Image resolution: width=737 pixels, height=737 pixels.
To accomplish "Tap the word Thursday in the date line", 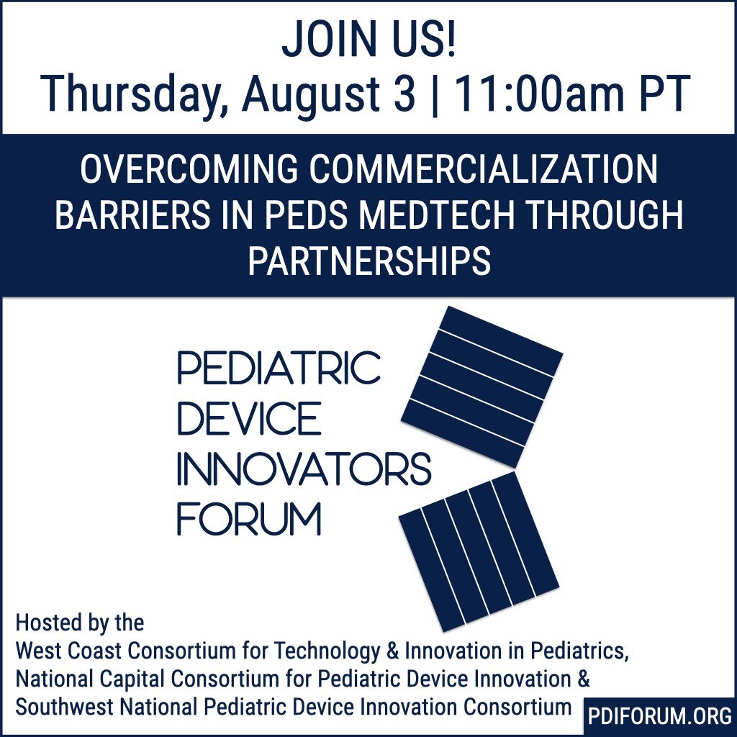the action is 135,94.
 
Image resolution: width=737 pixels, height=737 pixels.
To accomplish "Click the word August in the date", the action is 311,96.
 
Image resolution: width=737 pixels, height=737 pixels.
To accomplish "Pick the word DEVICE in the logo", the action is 249,417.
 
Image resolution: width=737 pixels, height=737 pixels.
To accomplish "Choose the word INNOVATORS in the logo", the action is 304,469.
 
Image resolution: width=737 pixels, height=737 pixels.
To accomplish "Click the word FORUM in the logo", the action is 248,519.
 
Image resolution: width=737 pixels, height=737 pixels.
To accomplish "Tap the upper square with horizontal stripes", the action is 481,386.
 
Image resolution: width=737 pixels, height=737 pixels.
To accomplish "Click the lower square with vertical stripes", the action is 479,552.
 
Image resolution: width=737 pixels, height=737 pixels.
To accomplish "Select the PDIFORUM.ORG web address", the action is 659,716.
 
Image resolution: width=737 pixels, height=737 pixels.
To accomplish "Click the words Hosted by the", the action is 79,623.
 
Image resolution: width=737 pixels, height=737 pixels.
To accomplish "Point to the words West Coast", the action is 69,651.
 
